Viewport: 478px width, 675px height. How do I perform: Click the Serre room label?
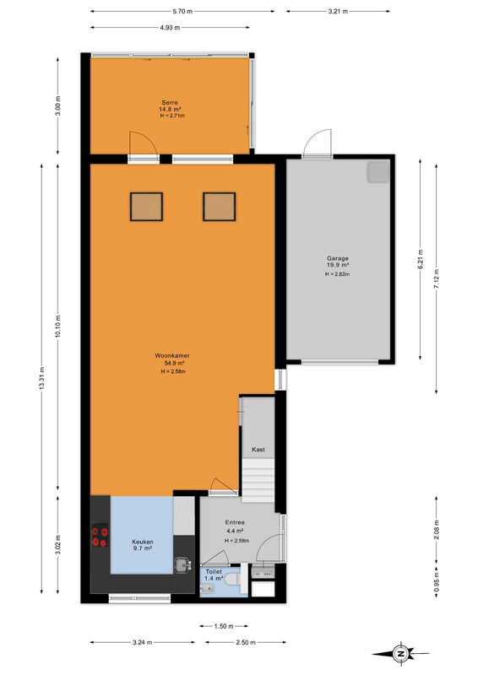[170, 102]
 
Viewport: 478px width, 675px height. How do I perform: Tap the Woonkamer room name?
[172, 355]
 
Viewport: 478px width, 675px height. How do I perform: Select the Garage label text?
[338, 259]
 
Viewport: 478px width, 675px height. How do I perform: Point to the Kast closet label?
[258, 450]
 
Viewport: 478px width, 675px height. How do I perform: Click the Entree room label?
[235, 522]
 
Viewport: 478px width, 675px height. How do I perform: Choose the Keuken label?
[142, 542]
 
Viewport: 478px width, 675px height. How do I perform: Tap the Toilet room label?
[214, 572]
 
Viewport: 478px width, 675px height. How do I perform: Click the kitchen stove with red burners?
[99, 536]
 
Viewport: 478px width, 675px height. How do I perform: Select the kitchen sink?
[182, 565]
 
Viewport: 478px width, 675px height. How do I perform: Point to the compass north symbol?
[400, 654]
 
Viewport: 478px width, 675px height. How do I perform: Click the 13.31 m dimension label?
[42, 379]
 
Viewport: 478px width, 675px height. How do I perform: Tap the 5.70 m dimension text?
[182, 12]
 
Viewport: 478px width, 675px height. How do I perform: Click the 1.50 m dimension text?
[224, 626]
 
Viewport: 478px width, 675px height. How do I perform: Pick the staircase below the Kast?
[258, 480]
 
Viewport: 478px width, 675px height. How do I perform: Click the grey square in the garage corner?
[378, 172]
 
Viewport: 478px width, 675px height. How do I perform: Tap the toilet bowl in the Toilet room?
[232, 580]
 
